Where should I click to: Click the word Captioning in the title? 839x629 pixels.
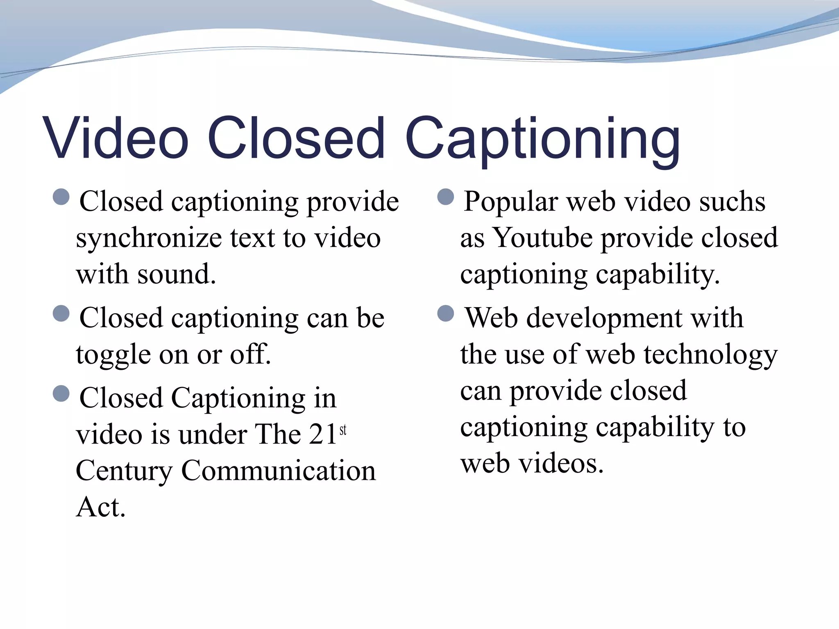pyautogui.click(x=542, y=139)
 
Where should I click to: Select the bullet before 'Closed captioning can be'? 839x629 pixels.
pyautogui.click(x=61, y=313)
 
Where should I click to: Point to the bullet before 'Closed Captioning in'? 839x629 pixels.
pyautogui.click(x=61, y=394)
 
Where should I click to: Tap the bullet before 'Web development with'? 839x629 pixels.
pyautogui.click(x=446, y=313)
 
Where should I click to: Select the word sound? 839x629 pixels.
pyautogui.click(x=176, y=274)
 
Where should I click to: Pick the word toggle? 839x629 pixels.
pyautogui.click(x=113, y=355)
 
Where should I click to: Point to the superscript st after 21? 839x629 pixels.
pyautogui.click(x=343, y=430)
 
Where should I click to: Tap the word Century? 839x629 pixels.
pyautogui.click(x=124, y=471)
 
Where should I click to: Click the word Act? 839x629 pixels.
pyautogui.click(x=100, y=507)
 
